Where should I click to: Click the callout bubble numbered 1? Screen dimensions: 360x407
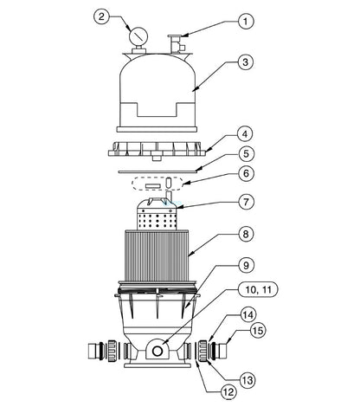[x=246, y=21]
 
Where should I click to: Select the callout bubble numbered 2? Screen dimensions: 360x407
[x=102, y=16]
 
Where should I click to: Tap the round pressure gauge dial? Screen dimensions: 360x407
[x=138, y=36]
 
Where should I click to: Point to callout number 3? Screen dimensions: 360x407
[x=246, y=61]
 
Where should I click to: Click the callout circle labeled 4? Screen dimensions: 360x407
[x=246, y=134]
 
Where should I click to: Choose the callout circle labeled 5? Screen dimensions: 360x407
[x=246, y=154]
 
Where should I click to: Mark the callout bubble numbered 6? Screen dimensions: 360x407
[x=246, y=173]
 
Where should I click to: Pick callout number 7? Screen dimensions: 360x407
[x=246, y=202]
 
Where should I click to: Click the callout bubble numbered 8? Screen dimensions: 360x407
[x=246, y=233]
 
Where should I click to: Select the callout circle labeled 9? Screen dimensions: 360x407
[x=246, y=265]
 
